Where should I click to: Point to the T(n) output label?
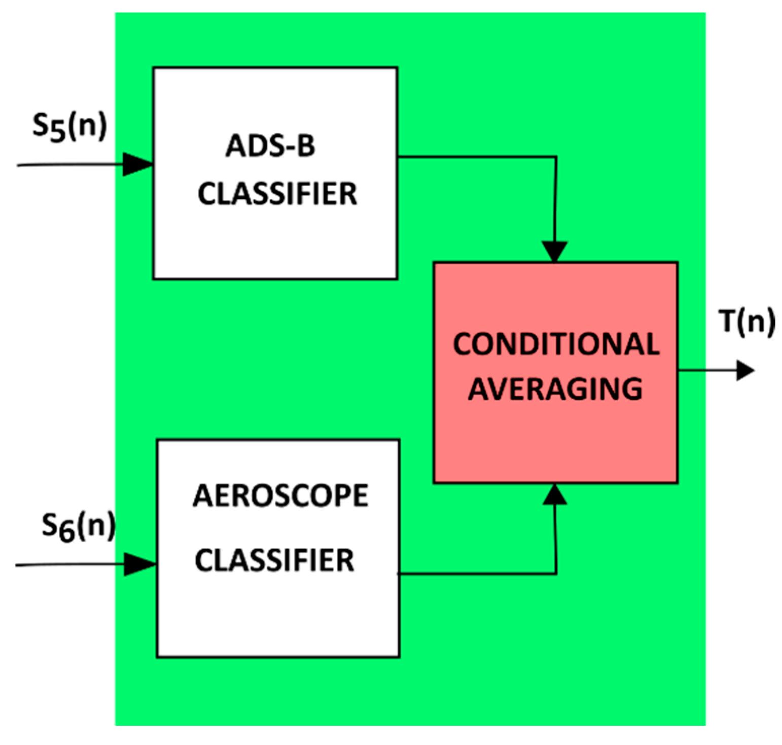pyautogui.click(x=747, y=322)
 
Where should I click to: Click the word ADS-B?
pyautogui.click(x=270, y=146)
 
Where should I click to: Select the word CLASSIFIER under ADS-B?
pyautogui.click(x=277, y=194)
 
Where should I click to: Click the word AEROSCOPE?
pyautogui.click(x=280, y=496)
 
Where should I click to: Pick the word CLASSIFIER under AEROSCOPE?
pyautogui.click(x=274, y=561)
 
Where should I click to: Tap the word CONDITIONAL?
pyautogui.click(x=556, y=344)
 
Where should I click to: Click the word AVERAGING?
pyautogui.click(x=555, y=389)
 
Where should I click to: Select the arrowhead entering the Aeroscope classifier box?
pyautogui.click(x=139, y=564)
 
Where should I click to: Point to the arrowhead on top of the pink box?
pyautogui.click(x=555, y=252)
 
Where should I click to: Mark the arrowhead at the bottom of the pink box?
pyautogui.click(x=555, y=495)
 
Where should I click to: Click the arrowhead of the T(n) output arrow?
pyautogui.click(x=744, y=370)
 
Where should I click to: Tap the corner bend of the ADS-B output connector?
pyautogui.click(x=556, y=157)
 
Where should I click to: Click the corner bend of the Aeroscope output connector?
pyautogui.click(x=556, y=574)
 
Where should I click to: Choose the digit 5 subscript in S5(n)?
pyautogui.click(x=57, y=131)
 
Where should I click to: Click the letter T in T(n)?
pyautogui.click(x=728, y=321)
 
